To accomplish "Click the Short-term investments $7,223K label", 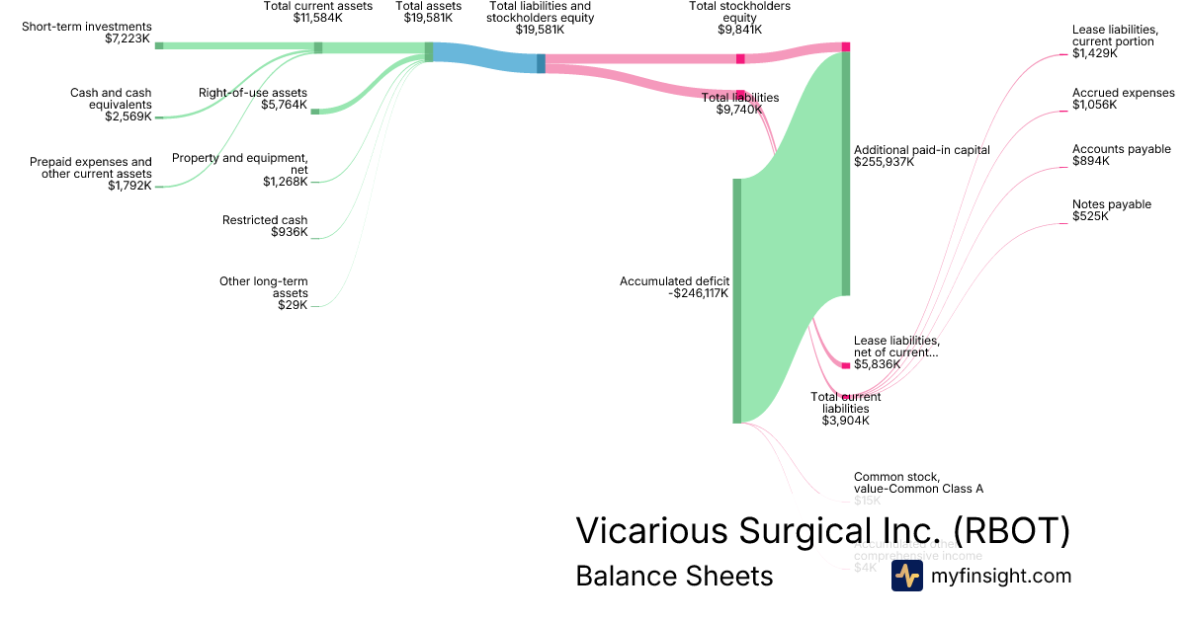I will pyautogui.click(x=87, y=33).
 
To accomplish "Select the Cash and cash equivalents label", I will pyautogui.click(x=111, y=104).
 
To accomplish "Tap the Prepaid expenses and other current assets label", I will pyautogui.click(x=91, y=174).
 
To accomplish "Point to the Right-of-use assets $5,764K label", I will pyautogui.click(x=253, y=98).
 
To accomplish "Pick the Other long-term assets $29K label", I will pyautogui.click(x=264, y=293).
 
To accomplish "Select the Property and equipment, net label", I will pyautogui.click(x=240, y=169).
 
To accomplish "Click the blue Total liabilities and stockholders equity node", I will pyautogui.click(x=541, y=63).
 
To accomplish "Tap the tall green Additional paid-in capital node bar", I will pyautogui.click(x=846, y=173).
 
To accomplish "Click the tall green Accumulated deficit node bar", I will pyautogui.click(x=736, y=300).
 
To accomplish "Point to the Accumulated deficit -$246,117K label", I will pyautogui.click(x=674, y=286).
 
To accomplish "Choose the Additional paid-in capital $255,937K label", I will pyautogui.click(x=921, y=156).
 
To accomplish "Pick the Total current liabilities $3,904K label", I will pyautogui.click(x=846, y=409).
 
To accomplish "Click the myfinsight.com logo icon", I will pyautogui.click(x=906, y=576).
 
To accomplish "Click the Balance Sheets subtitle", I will pyautogui.click(x=674, y=576).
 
